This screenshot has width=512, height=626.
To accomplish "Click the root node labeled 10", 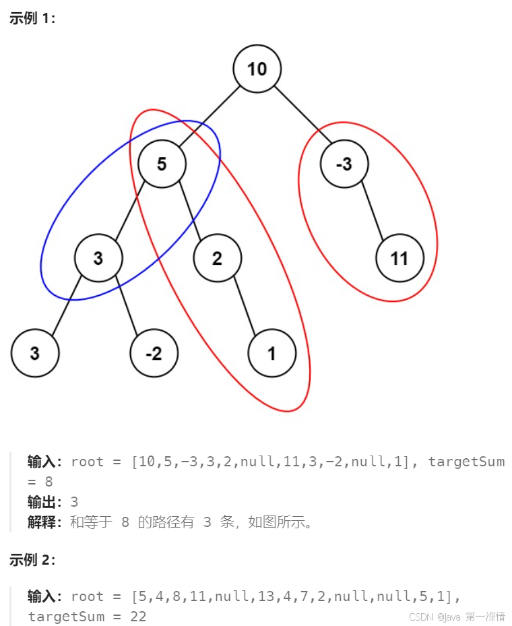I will coord(257,69).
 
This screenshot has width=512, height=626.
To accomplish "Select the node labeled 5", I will coord(162,164).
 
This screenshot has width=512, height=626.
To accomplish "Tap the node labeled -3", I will coord(344,164).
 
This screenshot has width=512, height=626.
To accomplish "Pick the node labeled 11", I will coord(399,258).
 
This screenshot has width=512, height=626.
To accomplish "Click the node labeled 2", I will coord(217,258).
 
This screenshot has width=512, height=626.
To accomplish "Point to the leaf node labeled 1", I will coord(271,353).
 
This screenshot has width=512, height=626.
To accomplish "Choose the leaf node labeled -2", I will coord(154,353).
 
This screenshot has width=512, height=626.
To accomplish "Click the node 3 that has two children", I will coord(98,258).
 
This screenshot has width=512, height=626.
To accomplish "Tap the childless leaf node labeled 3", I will coord(34,353).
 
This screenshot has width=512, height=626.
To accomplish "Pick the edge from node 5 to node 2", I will coord(189,211).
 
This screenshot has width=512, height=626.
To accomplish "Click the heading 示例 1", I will coord(32,18).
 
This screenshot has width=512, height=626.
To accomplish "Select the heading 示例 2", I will coord(32,559).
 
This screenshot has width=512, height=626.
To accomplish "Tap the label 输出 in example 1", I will coord(44,502).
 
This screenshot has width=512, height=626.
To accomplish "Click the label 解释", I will coord(44,522).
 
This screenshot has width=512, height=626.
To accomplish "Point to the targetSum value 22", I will coord(137,617).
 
